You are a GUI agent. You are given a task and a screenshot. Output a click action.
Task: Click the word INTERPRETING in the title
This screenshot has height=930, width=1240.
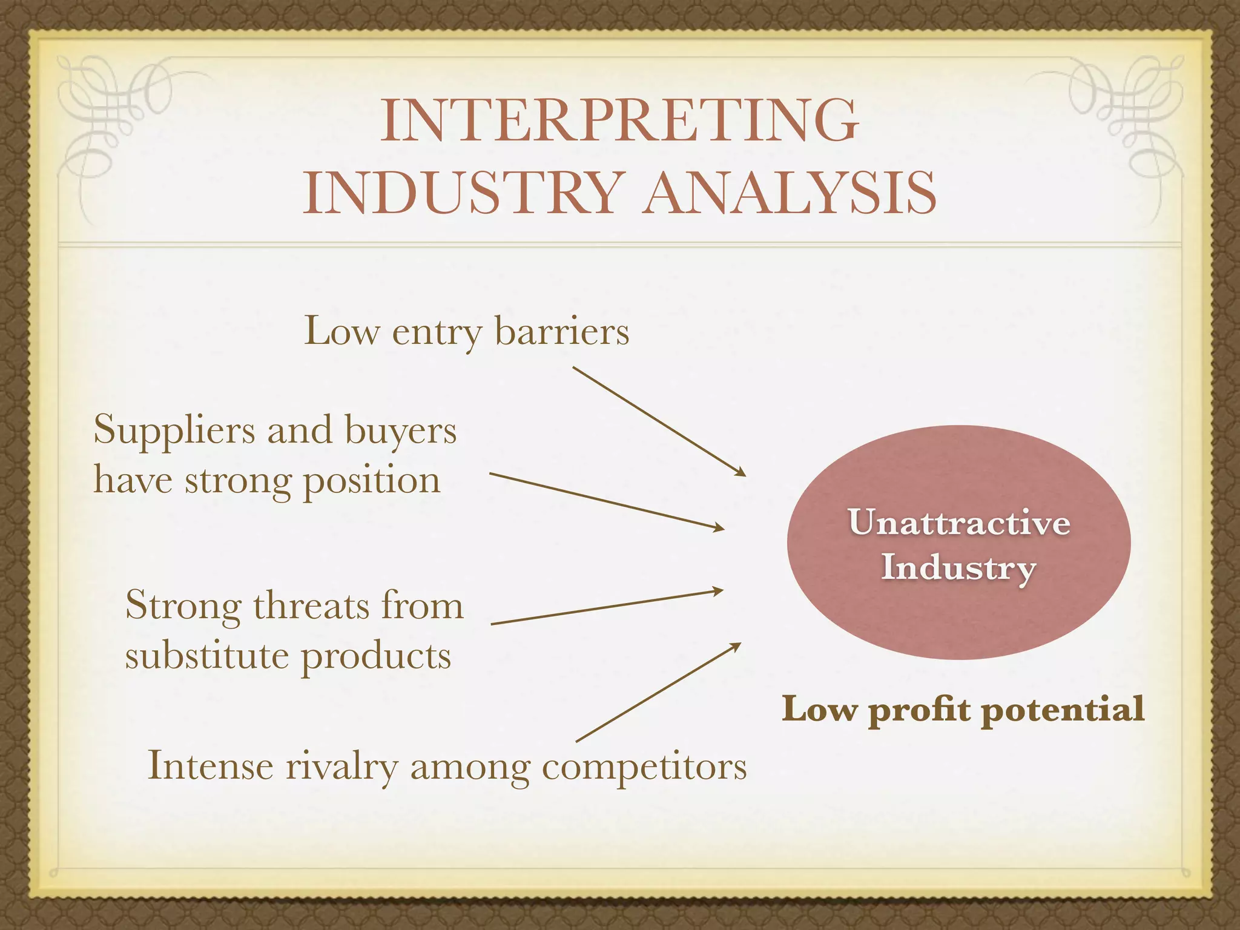(619, 120)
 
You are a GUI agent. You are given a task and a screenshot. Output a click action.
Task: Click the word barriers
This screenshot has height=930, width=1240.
(562, 332)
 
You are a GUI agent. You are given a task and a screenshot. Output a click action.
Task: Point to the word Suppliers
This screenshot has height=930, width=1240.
(174, 431)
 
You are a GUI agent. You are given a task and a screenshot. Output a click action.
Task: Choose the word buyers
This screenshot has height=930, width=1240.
(401, 431)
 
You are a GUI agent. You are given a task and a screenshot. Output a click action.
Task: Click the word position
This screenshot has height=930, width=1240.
(371, 481)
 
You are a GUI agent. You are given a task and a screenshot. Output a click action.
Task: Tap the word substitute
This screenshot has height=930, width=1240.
(206, 656)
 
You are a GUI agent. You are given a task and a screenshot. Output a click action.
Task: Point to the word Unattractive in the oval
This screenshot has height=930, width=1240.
(959, 522)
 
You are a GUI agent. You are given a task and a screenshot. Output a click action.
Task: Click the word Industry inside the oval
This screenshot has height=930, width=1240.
(959, 568)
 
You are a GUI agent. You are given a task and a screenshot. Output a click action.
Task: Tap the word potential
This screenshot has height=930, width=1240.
(1063, 709)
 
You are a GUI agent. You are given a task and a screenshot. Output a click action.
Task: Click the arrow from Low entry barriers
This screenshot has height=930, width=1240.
(659, 421)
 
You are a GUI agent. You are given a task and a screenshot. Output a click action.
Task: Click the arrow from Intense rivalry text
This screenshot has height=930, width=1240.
(658, 692)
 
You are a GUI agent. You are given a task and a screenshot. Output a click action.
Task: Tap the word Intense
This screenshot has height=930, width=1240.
(211, 766)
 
